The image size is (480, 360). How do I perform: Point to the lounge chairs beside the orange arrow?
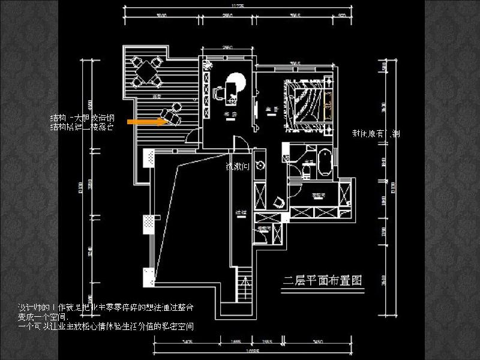171,113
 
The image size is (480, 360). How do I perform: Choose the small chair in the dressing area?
278,201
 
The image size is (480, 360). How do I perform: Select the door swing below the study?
238,143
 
